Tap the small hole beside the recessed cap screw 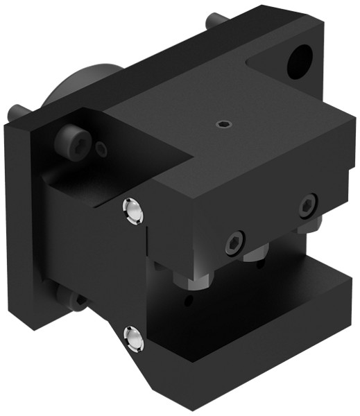tap(102, 148)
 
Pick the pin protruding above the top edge tap(212, 21)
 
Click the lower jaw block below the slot tap(264, 319)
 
